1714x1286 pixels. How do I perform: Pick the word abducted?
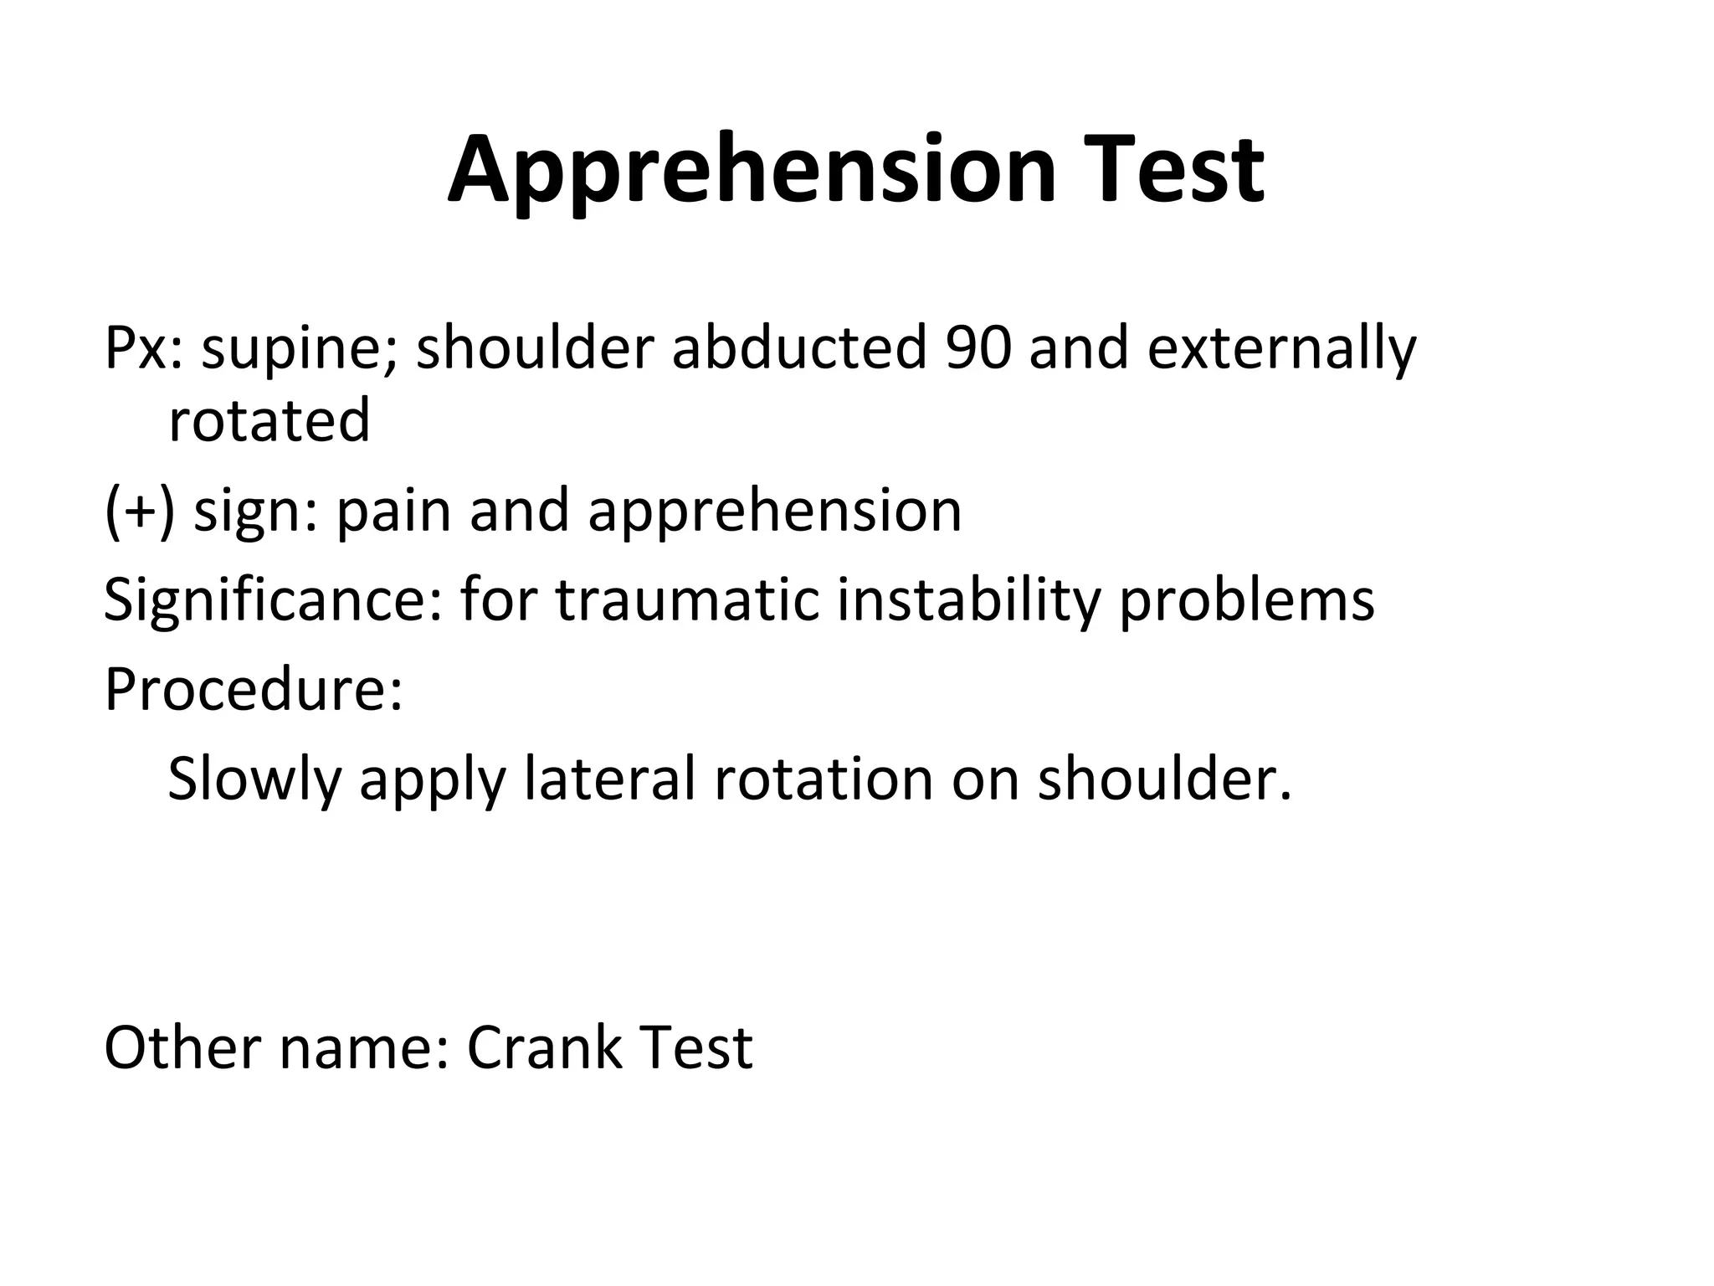(798, 347)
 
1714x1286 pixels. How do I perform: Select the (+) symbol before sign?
(140, 511)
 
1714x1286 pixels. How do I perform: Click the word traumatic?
(687, 600)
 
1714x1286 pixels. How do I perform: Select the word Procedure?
(254, 689)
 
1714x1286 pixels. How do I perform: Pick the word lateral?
(610, 779)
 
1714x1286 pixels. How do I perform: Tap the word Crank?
(545, 1047)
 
